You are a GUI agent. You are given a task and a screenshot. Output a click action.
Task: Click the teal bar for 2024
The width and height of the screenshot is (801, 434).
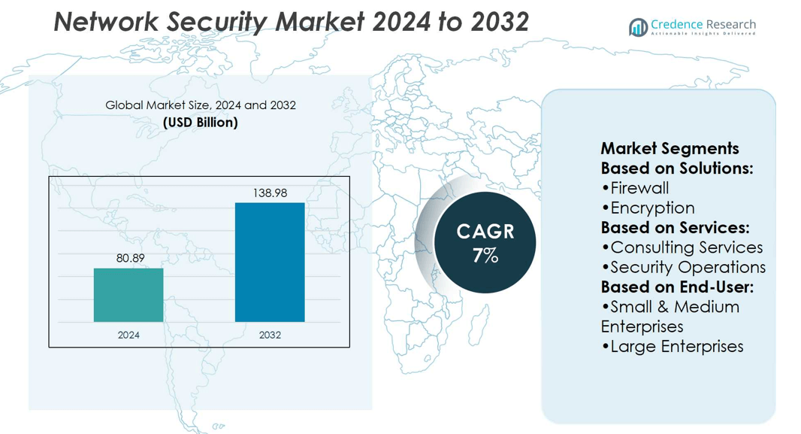point(128,295)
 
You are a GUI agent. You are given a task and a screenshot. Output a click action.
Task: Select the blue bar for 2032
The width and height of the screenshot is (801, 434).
point(270,262)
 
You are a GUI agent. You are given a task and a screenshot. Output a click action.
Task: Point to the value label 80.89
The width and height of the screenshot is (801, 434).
point(130,258)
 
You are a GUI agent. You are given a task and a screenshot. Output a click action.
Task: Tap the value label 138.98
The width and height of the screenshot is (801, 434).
point(270,193)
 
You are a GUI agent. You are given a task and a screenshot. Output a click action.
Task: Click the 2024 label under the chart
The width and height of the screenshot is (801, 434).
point(128,335)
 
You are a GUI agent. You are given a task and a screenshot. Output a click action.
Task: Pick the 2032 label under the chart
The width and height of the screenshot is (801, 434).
point(270,335)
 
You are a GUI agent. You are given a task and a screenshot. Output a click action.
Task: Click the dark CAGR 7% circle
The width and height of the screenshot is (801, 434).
point(485,243)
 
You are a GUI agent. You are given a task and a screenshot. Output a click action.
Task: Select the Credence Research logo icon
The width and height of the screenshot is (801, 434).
point(638,28)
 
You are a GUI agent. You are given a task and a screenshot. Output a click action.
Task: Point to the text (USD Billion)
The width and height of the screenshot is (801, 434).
point(201,122)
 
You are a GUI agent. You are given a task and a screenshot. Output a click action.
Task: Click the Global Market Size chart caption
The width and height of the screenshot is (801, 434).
point(201,105)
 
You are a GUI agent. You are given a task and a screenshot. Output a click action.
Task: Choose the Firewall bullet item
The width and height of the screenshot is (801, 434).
point(636,188)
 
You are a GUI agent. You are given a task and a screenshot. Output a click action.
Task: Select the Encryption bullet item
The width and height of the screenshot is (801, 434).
point(648,208)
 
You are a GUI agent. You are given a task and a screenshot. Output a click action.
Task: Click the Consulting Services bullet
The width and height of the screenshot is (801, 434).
point(682,247)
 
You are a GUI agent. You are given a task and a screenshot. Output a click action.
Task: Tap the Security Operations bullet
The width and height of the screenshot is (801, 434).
point(684,267)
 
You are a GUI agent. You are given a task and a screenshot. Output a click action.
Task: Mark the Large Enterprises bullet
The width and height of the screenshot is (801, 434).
point(673,346)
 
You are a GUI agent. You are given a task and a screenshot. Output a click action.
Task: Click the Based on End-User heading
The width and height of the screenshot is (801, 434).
point(677,287)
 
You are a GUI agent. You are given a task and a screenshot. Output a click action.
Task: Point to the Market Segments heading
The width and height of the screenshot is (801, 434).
point(670,148)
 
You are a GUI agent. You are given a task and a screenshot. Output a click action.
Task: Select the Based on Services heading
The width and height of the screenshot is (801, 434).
point(675,227)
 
